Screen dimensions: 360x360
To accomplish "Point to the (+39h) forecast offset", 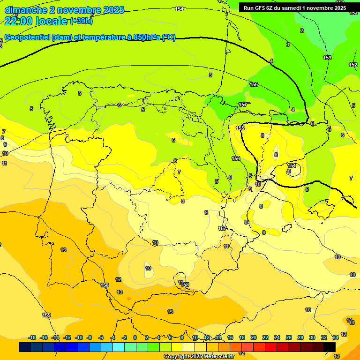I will coord(81,21).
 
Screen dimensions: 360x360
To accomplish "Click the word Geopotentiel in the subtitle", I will coord(27,37).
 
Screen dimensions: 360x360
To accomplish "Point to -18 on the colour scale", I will coord(32,337).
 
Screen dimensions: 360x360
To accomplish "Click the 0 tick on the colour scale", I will coord(135,337).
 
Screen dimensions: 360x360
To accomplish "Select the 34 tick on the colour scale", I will coord(336,337).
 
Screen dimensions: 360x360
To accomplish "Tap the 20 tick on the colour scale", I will coord(254,337).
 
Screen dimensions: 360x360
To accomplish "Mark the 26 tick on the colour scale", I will coord(289,337).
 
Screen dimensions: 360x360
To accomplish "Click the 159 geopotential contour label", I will coord(46,315).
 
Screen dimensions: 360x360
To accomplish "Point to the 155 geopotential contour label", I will coord(240,128).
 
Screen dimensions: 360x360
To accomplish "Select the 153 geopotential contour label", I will coord(327,58).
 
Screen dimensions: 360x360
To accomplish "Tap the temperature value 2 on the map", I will coord(302,30).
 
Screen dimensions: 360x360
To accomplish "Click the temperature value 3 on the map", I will coord(288,45).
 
